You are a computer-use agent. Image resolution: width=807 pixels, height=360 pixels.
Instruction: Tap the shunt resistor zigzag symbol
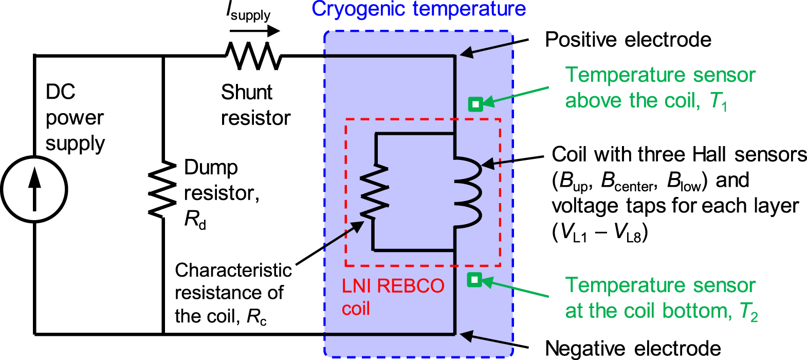click(x=253, y=56)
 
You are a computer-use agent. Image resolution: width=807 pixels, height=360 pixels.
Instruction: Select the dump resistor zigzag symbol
click(x=163, y=189)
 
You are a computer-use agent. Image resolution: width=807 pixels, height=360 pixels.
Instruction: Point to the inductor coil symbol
click(x=468, y=190)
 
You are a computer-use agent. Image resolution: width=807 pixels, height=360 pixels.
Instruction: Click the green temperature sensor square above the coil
click(x=475, y=104)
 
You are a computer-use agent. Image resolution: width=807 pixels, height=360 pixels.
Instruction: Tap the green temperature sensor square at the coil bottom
click(x=474, y=280)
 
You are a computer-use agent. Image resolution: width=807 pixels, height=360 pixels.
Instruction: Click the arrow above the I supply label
click(x=254, y=31)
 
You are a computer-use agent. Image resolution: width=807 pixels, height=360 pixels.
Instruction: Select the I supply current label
click(x=249, y=12)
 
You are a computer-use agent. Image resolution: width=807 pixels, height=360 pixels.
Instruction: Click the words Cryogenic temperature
click(x=418, y=9)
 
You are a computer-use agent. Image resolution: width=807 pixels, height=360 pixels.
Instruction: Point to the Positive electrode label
click(x=628, y=40)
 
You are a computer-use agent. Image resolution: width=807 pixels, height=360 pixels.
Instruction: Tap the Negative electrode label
click(x=632, y=348)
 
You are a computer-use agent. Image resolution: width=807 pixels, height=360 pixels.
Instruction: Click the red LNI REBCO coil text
click(x=393, y=296)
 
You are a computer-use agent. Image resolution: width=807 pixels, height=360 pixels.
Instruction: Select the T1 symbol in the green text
click(x=719, y=101)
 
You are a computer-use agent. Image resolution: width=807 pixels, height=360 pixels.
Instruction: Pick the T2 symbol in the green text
click(x=748, y=312)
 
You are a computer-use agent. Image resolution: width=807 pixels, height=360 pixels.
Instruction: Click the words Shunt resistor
click(x=255, y=105)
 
